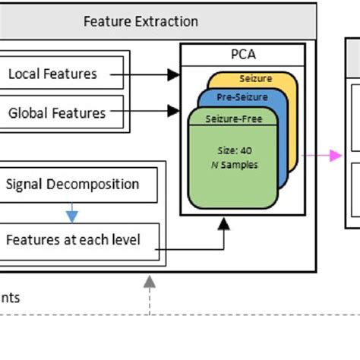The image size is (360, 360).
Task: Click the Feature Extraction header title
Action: coord(141,21)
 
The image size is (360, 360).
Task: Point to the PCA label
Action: coord(243,55)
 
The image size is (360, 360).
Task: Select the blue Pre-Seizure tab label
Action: coord(242,97)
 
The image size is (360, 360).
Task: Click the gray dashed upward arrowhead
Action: coord(150,280)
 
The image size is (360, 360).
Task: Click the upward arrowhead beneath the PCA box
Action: coord(224,223)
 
